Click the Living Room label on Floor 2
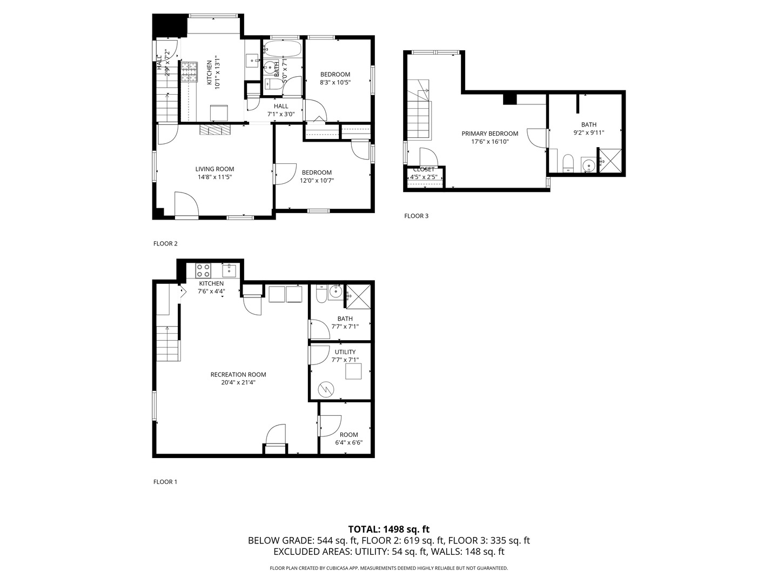pyautogui.click(x=214, y=169)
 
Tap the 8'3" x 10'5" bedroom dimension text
pyautogui.click(x=335, y=83)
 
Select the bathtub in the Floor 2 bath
pyautogui.click(x=284, y=49)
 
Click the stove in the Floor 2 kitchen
pyautogui.click(x=189, y=72)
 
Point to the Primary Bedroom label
pyautogui.click(x=489, y=134)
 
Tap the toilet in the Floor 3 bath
pyautogui.click(x=568, y=162)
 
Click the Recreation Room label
pyautogui.click(x=238, y=374)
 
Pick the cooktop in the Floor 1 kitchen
pyautogui.click(x=203, y=270)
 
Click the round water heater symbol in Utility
pyautogui.click(x=326, y=389)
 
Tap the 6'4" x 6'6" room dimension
pyautogui.click(x=348, y=442)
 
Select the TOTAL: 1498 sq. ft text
pyautogui.click(x=388, y=529)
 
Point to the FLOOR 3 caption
pyautogui.click(x=416, y=216)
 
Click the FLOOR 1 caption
pyautogui.click(x=165, y=482)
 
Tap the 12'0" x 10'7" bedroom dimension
pyautogui.click(x=317, y=181)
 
